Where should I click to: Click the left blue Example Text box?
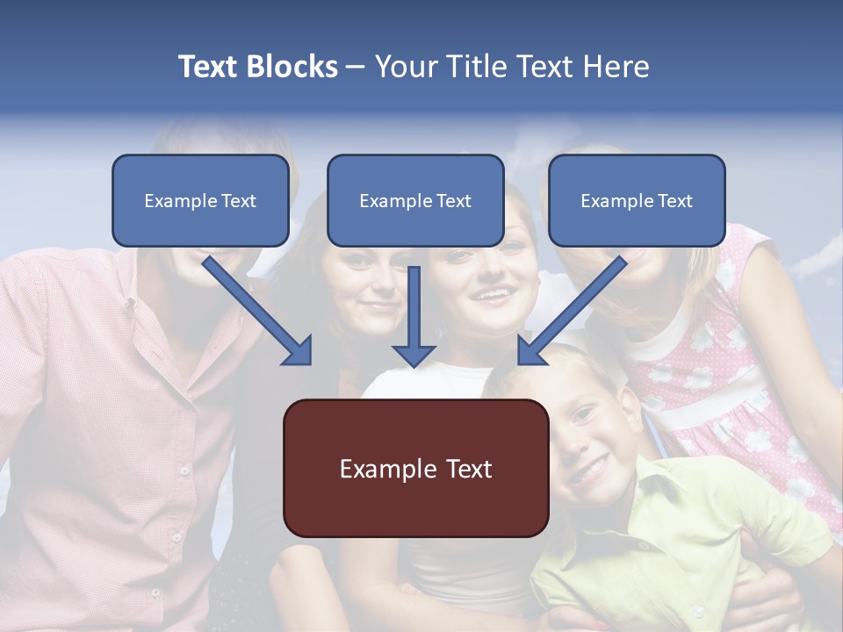click(x=200, y=200)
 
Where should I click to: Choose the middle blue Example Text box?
click(x=415, y=200)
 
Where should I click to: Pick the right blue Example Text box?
click(x=637, y=200)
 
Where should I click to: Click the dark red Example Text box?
click(x=415, y=468)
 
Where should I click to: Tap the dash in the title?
click(x=357, y=67)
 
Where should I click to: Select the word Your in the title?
click(x=406, y=67)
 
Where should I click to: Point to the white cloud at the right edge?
click(x=821, y=255)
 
